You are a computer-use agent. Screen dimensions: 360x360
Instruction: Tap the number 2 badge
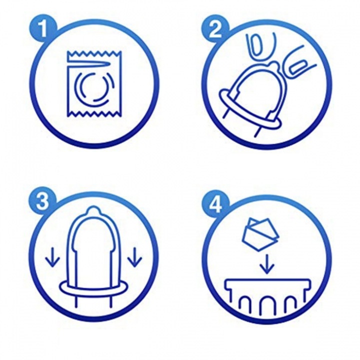[215, 30]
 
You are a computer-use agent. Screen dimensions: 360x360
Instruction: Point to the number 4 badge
[215, 202]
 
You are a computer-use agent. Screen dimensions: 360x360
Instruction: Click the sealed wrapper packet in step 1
[94, 84]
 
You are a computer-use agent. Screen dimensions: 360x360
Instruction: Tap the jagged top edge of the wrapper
[94, 54]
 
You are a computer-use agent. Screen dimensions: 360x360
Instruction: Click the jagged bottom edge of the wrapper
[94, 113]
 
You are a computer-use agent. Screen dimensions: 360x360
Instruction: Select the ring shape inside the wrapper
[94, 87]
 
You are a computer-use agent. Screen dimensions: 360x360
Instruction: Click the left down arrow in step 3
[52, 256]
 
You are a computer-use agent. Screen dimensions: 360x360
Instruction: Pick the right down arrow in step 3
[134, 256]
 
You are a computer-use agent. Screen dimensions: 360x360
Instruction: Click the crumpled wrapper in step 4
[260, 234]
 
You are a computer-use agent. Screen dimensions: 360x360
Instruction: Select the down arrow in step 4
[267, 264]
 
